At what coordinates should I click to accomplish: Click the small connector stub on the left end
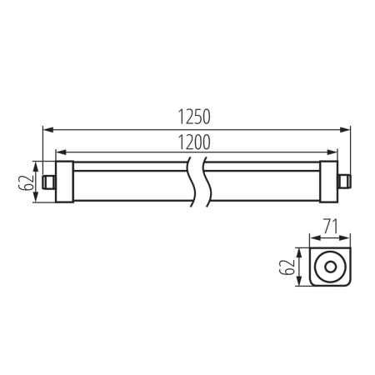(x=48, y=180)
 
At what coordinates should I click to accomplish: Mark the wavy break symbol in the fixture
(x=197, y=178)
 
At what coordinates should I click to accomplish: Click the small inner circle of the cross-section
(x=332, y=267)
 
